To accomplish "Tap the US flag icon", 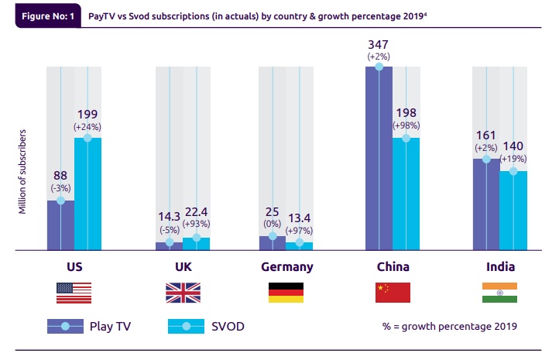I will pos(74,293).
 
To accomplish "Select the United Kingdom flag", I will pos(183,293).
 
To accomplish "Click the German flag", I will pos(286,293).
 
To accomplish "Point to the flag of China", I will pos(393,293).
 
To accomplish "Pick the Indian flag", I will pos(499,293).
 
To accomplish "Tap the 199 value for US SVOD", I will pos(87,114).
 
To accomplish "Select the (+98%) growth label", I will pos(406,125).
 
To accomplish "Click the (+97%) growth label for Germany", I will pos(299,231).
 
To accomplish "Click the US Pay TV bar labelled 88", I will pos(60,225).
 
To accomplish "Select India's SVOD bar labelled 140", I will pos(513,210).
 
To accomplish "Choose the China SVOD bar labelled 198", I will pos(406,194).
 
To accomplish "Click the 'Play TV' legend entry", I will pos(88,327).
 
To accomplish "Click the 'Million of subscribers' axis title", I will pos(24,171).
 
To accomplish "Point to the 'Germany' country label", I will pos(286,267).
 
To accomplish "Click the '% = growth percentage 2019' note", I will pos(449,327).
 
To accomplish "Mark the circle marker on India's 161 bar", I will pos(486,159).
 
